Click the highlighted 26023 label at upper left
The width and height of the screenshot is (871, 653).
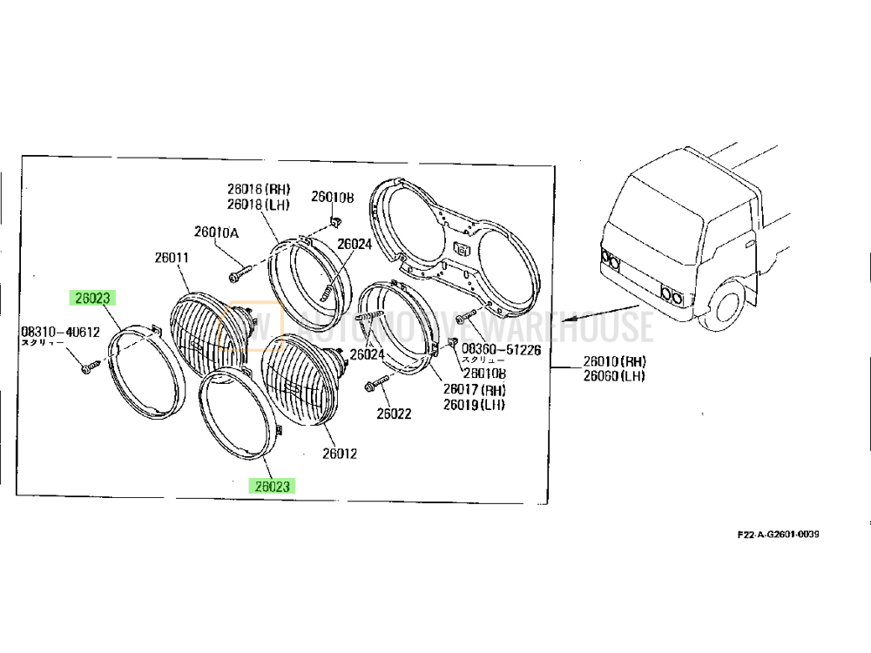(91, 298)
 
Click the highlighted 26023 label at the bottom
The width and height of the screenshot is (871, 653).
(273, 487)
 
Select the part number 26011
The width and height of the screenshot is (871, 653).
(172, 258)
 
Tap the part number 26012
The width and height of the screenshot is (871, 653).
(339, 454)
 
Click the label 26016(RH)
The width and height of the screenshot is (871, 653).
(259, 190)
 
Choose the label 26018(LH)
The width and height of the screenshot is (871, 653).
(259, 205)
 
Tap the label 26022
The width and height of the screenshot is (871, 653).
(394, 414)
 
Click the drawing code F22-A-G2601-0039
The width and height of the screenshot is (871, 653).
(778, 534)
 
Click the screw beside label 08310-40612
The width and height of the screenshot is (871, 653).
(87, 370)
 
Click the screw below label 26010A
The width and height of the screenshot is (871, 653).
(236, 276)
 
